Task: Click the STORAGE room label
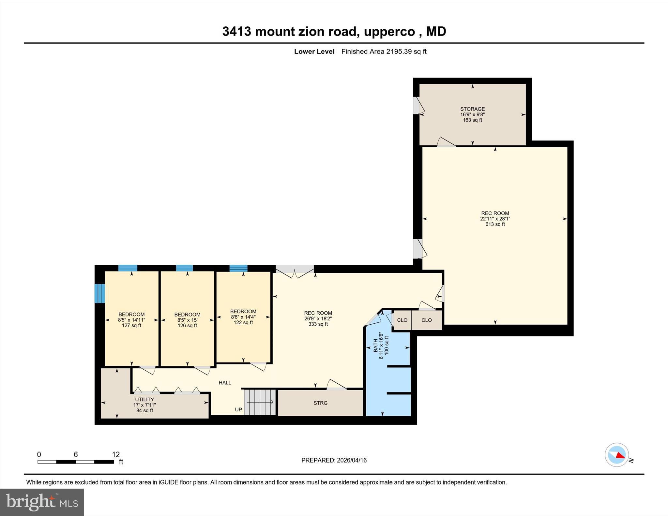[x=472, y=109]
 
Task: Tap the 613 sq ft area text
[x=495, y=224]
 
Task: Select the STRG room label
[x=320, y=403]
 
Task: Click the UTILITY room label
[x=144, y=399]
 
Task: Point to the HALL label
[x=225, y=383]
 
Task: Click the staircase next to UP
[x=260, y=402]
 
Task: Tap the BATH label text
[x=375, y=345]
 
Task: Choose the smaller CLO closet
[x=402, y=320]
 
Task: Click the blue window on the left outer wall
[x=99, y=293]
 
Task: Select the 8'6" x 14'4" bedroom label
[x=243, y=317]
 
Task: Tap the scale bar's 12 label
[x=116, y=454]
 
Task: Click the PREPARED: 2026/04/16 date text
[x=334, y=460]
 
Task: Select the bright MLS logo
[x=42, y=502]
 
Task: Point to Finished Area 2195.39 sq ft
[x=384, y=52]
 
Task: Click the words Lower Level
[x=314, y=52]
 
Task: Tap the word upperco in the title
[x=389, y=32]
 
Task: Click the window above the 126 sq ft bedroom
[x=184, y=268]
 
